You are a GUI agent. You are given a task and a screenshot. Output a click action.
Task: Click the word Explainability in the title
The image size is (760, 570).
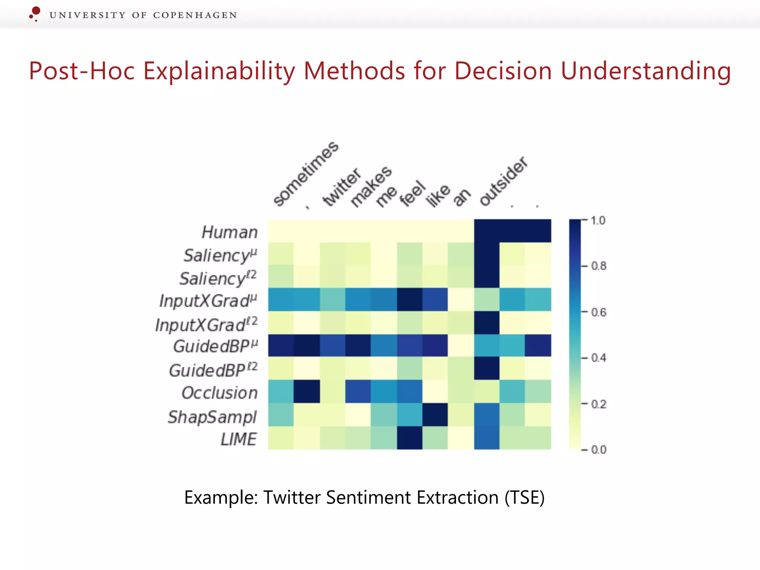pos(219,71)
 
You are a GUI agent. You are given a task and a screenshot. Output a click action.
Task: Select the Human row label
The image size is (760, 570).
pos(229,232)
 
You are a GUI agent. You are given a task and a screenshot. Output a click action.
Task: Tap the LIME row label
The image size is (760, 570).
pos(239,439)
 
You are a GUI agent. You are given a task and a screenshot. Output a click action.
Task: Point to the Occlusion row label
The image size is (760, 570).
pos(219,393)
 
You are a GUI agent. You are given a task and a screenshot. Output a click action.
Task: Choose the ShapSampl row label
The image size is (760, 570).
pos(212,417)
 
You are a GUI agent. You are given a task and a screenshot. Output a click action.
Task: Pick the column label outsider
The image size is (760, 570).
pos(503,181)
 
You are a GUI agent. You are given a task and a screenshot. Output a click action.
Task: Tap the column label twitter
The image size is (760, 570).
pos(341,187)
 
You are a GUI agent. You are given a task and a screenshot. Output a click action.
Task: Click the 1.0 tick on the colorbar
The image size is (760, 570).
pos(598,220)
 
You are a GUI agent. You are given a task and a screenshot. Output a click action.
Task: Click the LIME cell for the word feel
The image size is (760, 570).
pos(410,438)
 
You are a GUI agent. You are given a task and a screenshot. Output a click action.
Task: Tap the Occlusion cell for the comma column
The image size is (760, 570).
pos(307,392)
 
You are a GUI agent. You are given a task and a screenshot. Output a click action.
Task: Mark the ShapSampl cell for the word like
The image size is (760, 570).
pos(435,415)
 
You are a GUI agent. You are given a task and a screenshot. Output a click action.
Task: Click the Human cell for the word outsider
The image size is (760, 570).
pos(487,231)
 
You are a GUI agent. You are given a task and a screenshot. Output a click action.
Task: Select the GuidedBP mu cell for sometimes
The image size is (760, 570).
pos(281,345)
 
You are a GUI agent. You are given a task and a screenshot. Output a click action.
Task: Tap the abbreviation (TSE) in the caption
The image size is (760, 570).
pos(524,497)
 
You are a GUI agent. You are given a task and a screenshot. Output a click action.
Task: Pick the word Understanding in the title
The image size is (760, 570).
pos(646,71)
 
